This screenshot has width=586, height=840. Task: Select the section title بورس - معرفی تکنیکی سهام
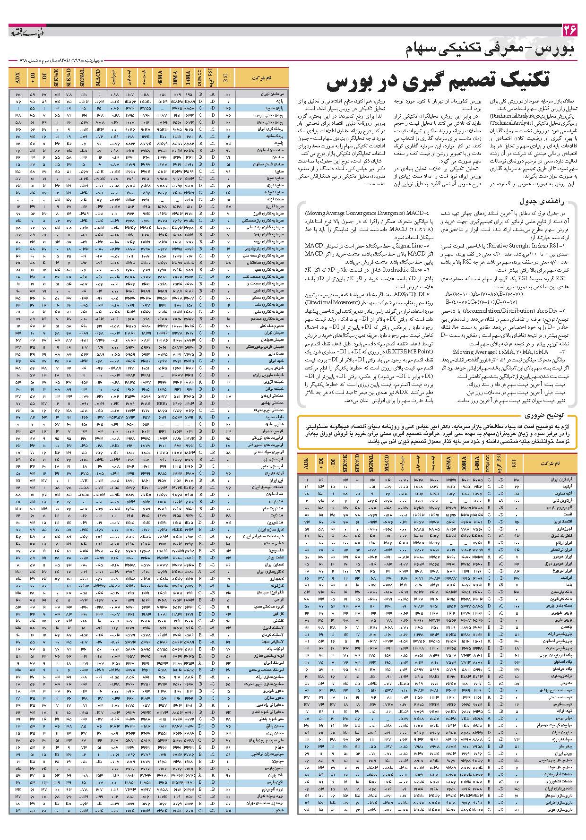[x=491, y=50]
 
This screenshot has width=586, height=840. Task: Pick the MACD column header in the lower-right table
[x=386, y=463]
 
